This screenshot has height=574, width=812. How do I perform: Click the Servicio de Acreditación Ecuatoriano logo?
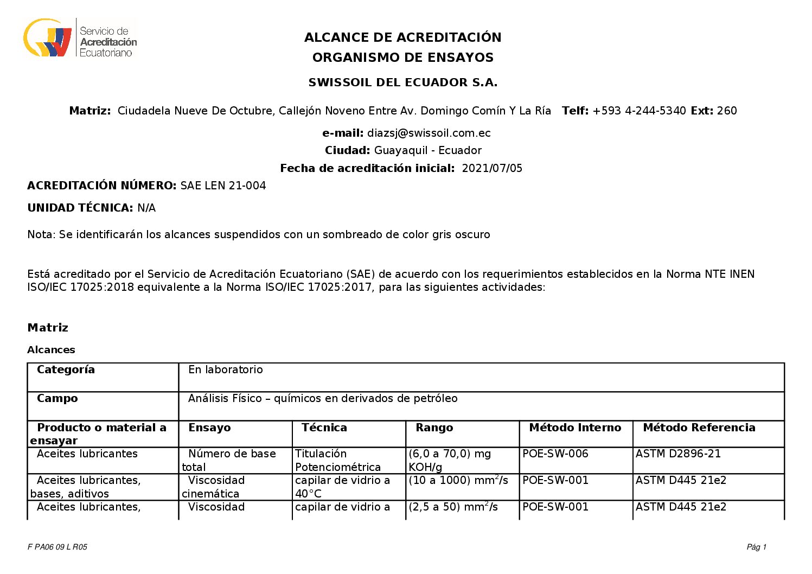coord(80,38)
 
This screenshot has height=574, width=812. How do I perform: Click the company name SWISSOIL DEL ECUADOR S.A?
coord(402,82)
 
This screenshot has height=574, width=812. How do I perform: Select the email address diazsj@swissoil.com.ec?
coord(429,133)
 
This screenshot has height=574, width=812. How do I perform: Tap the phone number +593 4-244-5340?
coord(639,111)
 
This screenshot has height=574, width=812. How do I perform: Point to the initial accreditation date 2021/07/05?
coord(491,168)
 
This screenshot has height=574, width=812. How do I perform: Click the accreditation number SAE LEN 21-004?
coord(223,186)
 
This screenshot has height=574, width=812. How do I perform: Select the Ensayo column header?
coord(209,428)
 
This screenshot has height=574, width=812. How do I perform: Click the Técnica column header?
coord(324,428)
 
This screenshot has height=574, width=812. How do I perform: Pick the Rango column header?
coord(434,428)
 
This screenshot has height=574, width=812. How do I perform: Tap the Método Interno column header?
coord(574,428)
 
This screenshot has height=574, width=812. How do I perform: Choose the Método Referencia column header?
coord(699,428)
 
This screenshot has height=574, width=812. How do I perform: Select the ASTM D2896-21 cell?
coord(678,454)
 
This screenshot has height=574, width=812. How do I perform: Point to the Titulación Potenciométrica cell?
coord(338,460)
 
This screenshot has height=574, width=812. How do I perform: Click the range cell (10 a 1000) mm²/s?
coord(458,480)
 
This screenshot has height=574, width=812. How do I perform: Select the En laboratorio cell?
coord(225,369)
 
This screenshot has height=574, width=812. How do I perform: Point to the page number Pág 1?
coord(756,547)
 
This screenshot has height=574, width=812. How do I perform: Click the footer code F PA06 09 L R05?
coord(57,547)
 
